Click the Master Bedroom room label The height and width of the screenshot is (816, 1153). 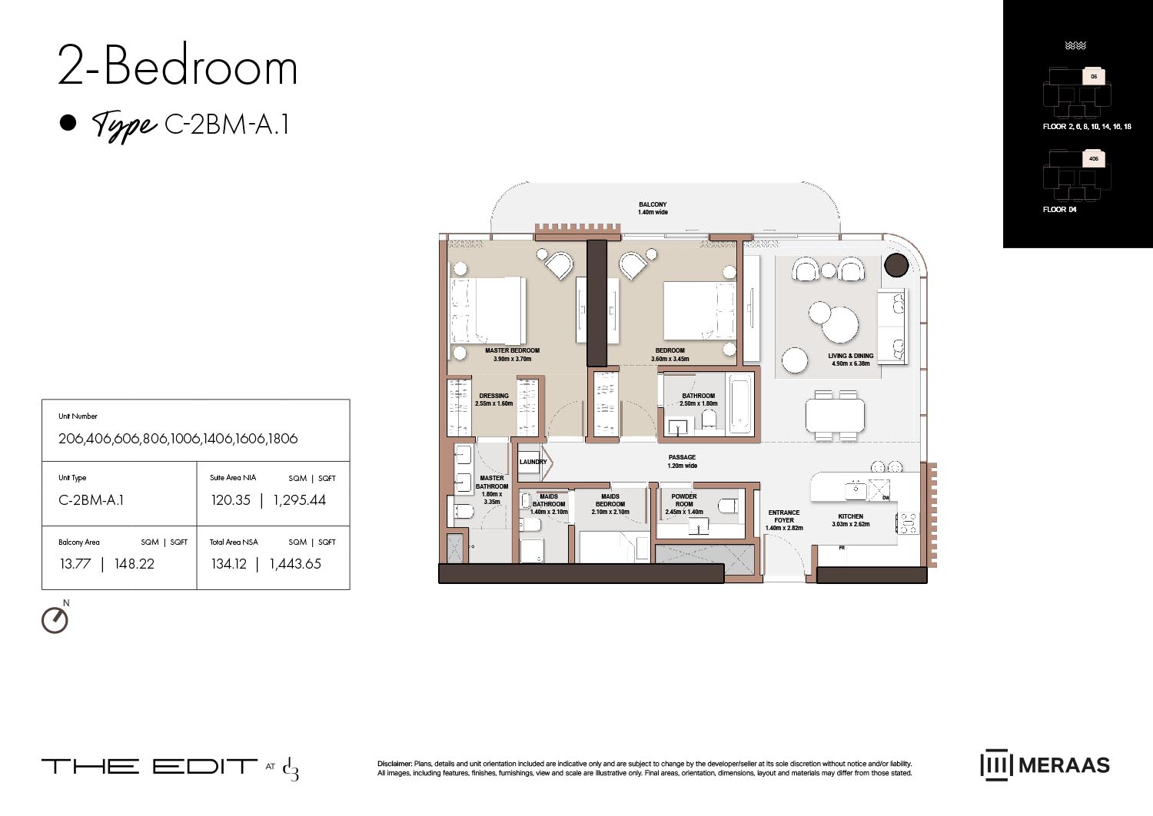[x=512, y=351]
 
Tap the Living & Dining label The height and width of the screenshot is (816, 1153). [x=850, y=357]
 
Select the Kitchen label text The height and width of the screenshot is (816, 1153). [x=850, y=517]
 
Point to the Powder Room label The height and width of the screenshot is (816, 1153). [x=683, y=500]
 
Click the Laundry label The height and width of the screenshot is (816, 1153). [x=532, y=462]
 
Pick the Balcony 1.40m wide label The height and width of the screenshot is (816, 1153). [x=653, y=208]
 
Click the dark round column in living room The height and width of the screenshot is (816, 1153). [x=895, y=265]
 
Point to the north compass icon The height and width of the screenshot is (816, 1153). [x=55, y=619]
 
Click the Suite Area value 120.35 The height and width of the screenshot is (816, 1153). [x=231, y=500]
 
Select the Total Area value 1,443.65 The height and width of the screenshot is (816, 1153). [x=295, y=564]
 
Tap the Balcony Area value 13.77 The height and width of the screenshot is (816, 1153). [x=75, y=564]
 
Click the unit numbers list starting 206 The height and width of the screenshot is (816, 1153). [x=178, y=439]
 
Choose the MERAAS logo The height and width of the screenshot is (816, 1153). [x=1045, y=765]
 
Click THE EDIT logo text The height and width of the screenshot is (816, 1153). [x=149, y=766]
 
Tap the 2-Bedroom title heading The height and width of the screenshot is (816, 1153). [x=178, y=67]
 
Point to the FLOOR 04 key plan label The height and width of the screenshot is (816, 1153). [x=1059, y=210]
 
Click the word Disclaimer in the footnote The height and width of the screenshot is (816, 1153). [x=394, y=764]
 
